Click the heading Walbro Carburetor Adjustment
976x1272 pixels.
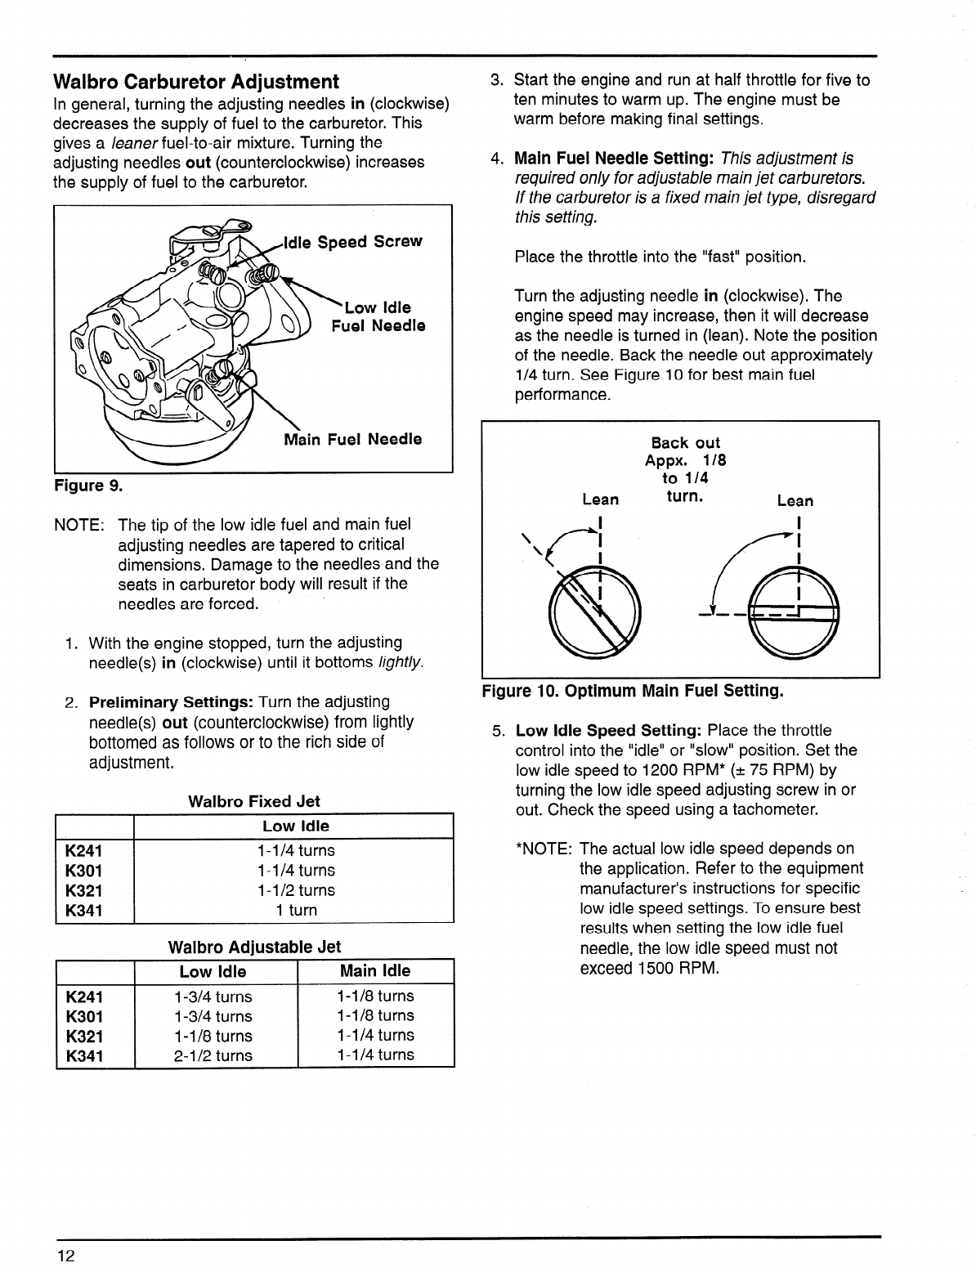tap(195, 82)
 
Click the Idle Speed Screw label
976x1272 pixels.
tap(353, 242)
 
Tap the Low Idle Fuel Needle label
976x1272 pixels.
tap(378, 317)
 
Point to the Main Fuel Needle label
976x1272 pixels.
tap(352, 439)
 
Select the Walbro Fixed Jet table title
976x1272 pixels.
tap(253, 801)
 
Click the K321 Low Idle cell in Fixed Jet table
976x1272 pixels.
tap(295, 890)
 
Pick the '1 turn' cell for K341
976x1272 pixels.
tap(295, 910)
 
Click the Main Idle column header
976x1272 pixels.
tap(374, 971)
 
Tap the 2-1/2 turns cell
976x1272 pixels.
tap(213, 1055)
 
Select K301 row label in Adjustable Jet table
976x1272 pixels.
tap(84, 1016)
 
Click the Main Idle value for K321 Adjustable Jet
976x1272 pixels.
tap(374, 1035)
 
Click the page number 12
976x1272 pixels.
tap(65, 1255)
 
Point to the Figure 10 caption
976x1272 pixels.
tap(633, 692)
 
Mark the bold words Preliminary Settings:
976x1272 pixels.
tap(171, 702)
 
